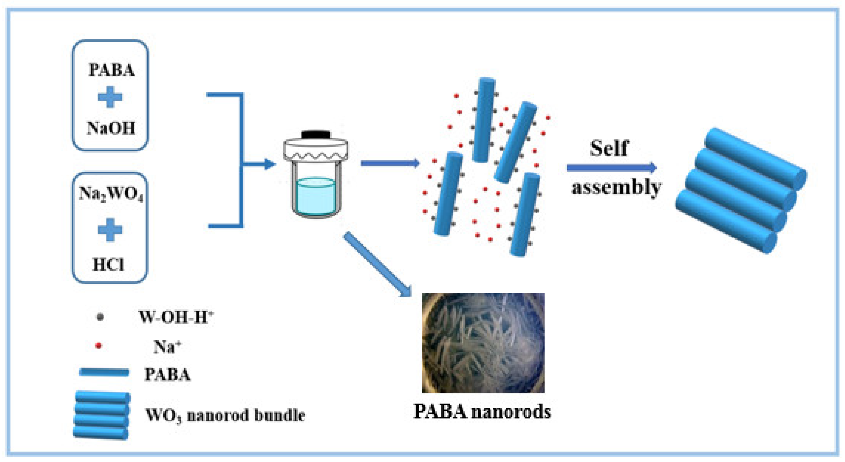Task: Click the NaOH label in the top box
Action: point(111,128)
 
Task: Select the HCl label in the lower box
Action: point(109,265)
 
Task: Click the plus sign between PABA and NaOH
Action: point(110,97)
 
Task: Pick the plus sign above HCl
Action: point(110,230)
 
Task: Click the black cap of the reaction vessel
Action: point(316,134)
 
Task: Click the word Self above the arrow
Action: point(609,148)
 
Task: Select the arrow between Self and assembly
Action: point(612,168)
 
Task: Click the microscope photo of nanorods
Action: point(483,343)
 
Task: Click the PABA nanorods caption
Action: point(482,411)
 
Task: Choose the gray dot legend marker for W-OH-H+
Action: point(100,317)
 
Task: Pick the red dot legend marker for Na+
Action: point(98,346)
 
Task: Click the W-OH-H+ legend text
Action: point(176,317)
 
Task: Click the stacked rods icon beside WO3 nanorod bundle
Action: point(102,415)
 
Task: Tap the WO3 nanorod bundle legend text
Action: point(225,416)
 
